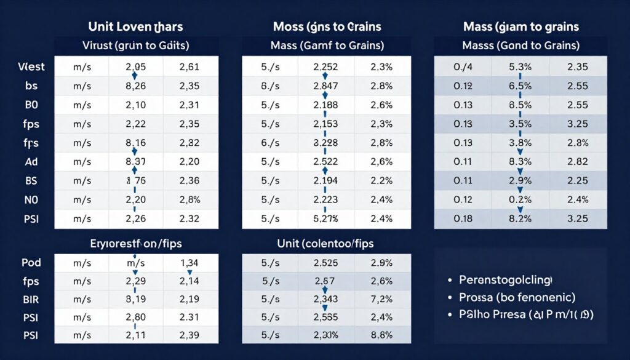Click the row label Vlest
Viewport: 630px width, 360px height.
click(28, 67)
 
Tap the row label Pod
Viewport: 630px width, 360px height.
click(31, 262)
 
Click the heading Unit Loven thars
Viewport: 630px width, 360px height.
click(136, 26)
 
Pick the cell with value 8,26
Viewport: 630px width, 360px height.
click(135, 86)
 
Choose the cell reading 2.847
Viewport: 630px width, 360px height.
click(325, 86)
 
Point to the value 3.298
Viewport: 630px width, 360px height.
click(325, 143)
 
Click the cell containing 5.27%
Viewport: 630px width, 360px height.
click(325, 219)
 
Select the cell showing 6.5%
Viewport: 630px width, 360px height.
click(520, 86)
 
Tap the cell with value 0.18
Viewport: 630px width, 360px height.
click(463, 219)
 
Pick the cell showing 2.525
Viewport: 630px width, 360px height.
click(325, 263)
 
